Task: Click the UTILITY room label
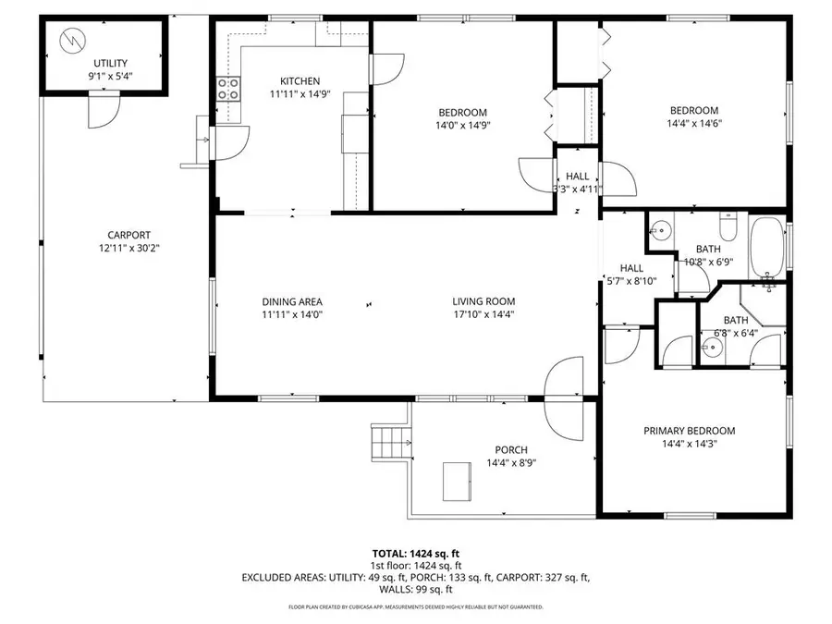[x=104, y=63]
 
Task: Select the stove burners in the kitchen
[x=228, y=89]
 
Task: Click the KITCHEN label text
[x=300, y=81]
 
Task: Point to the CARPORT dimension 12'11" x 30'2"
[x=128, y=248]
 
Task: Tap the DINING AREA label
[x=291, y=301]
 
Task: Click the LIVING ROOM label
[x=483, y=301]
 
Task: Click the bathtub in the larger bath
[x=767, y=249]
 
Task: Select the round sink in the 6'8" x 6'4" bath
[x=712, y=349]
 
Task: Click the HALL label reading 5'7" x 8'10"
[x=630, y=275]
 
